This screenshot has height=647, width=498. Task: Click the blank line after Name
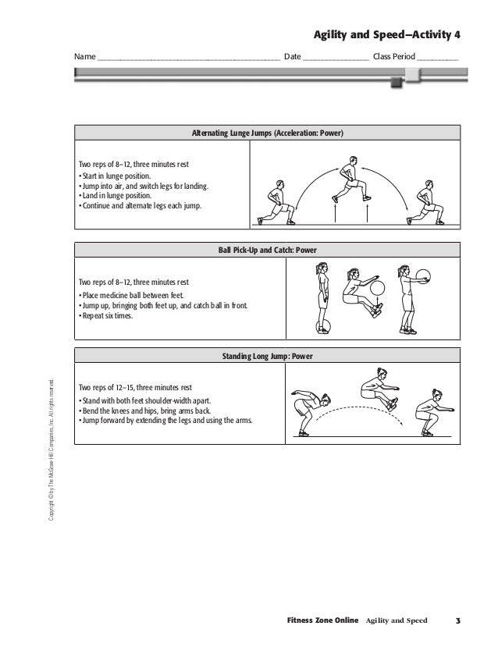pos(189,59)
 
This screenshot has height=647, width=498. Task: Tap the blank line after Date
pos(335,59)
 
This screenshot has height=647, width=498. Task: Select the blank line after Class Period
pos(438,59)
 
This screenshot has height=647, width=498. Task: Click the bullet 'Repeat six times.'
pos(110,316)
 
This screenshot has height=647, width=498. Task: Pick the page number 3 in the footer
pos(459,620)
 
